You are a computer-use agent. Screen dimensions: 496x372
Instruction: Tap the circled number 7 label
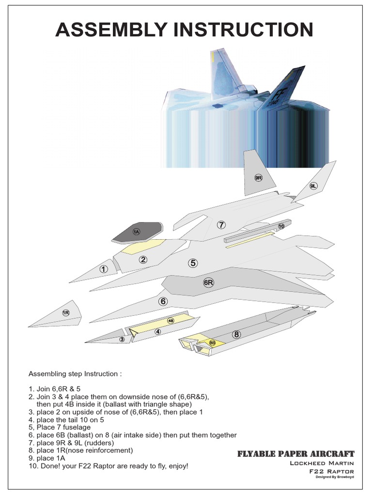click(x=221, y=225)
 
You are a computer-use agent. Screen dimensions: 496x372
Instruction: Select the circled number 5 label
click(x=193, y=263)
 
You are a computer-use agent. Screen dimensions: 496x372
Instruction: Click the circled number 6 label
click(x=163, y=301)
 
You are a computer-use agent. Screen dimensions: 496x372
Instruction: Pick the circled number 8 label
click(x=236, y=334)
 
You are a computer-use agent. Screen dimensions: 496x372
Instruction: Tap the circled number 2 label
click(x=143, y=260)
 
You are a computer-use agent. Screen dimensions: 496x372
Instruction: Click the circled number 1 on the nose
click(x=104, y=269)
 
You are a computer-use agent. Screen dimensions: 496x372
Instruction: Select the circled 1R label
click(x=66, y=313)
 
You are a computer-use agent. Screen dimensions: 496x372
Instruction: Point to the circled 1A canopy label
click(x=137, y=232)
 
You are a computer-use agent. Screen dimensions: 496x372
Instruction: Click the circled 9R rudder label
click(x=258, y=178)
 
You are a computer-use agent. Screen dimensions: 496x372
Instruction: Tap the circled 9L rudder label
click(x=313, y=186)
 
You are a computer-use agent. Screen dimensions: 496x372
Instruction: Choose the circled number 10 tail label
click(x=281, y=226)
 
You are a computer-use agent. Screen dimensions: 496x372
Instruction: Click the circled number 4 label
click(x=157, y=332)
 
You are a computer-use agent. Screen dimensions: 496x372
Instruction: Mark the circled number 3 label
click(x=122, y=340)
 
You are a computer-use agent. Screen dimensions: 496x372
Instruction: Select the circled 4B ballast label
click(x=170, y=321)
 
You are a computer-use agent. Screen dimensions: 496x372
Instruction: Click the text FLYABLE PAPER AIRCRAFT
click(x=296, y=454)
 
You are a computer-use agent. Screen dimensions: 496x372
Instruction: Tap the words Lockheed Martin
click(x=322, y=463)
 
